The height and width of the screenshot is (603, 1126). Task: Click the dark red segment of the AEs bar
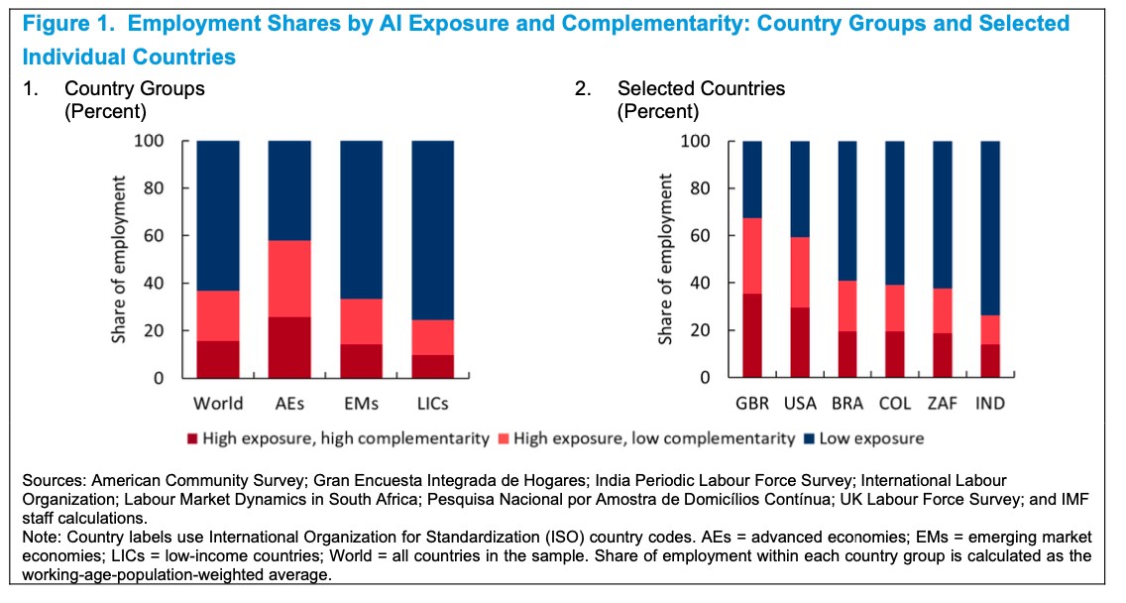[289, 347]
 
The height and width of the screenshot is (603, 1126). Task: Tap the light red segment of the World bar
[218, 315]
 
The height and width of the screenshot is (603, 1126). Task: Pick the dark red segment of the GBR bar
[752, 335]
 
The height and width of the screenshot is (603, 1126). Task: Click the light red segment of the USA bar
[800, 272]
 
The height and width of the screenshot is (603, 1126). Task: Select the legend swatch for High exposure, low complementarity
[507, 438]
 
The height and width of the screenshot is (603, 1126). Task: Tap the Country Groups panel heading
[135, 88]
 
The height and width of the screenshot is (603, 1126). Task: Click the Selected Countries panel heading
[701, 88]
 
